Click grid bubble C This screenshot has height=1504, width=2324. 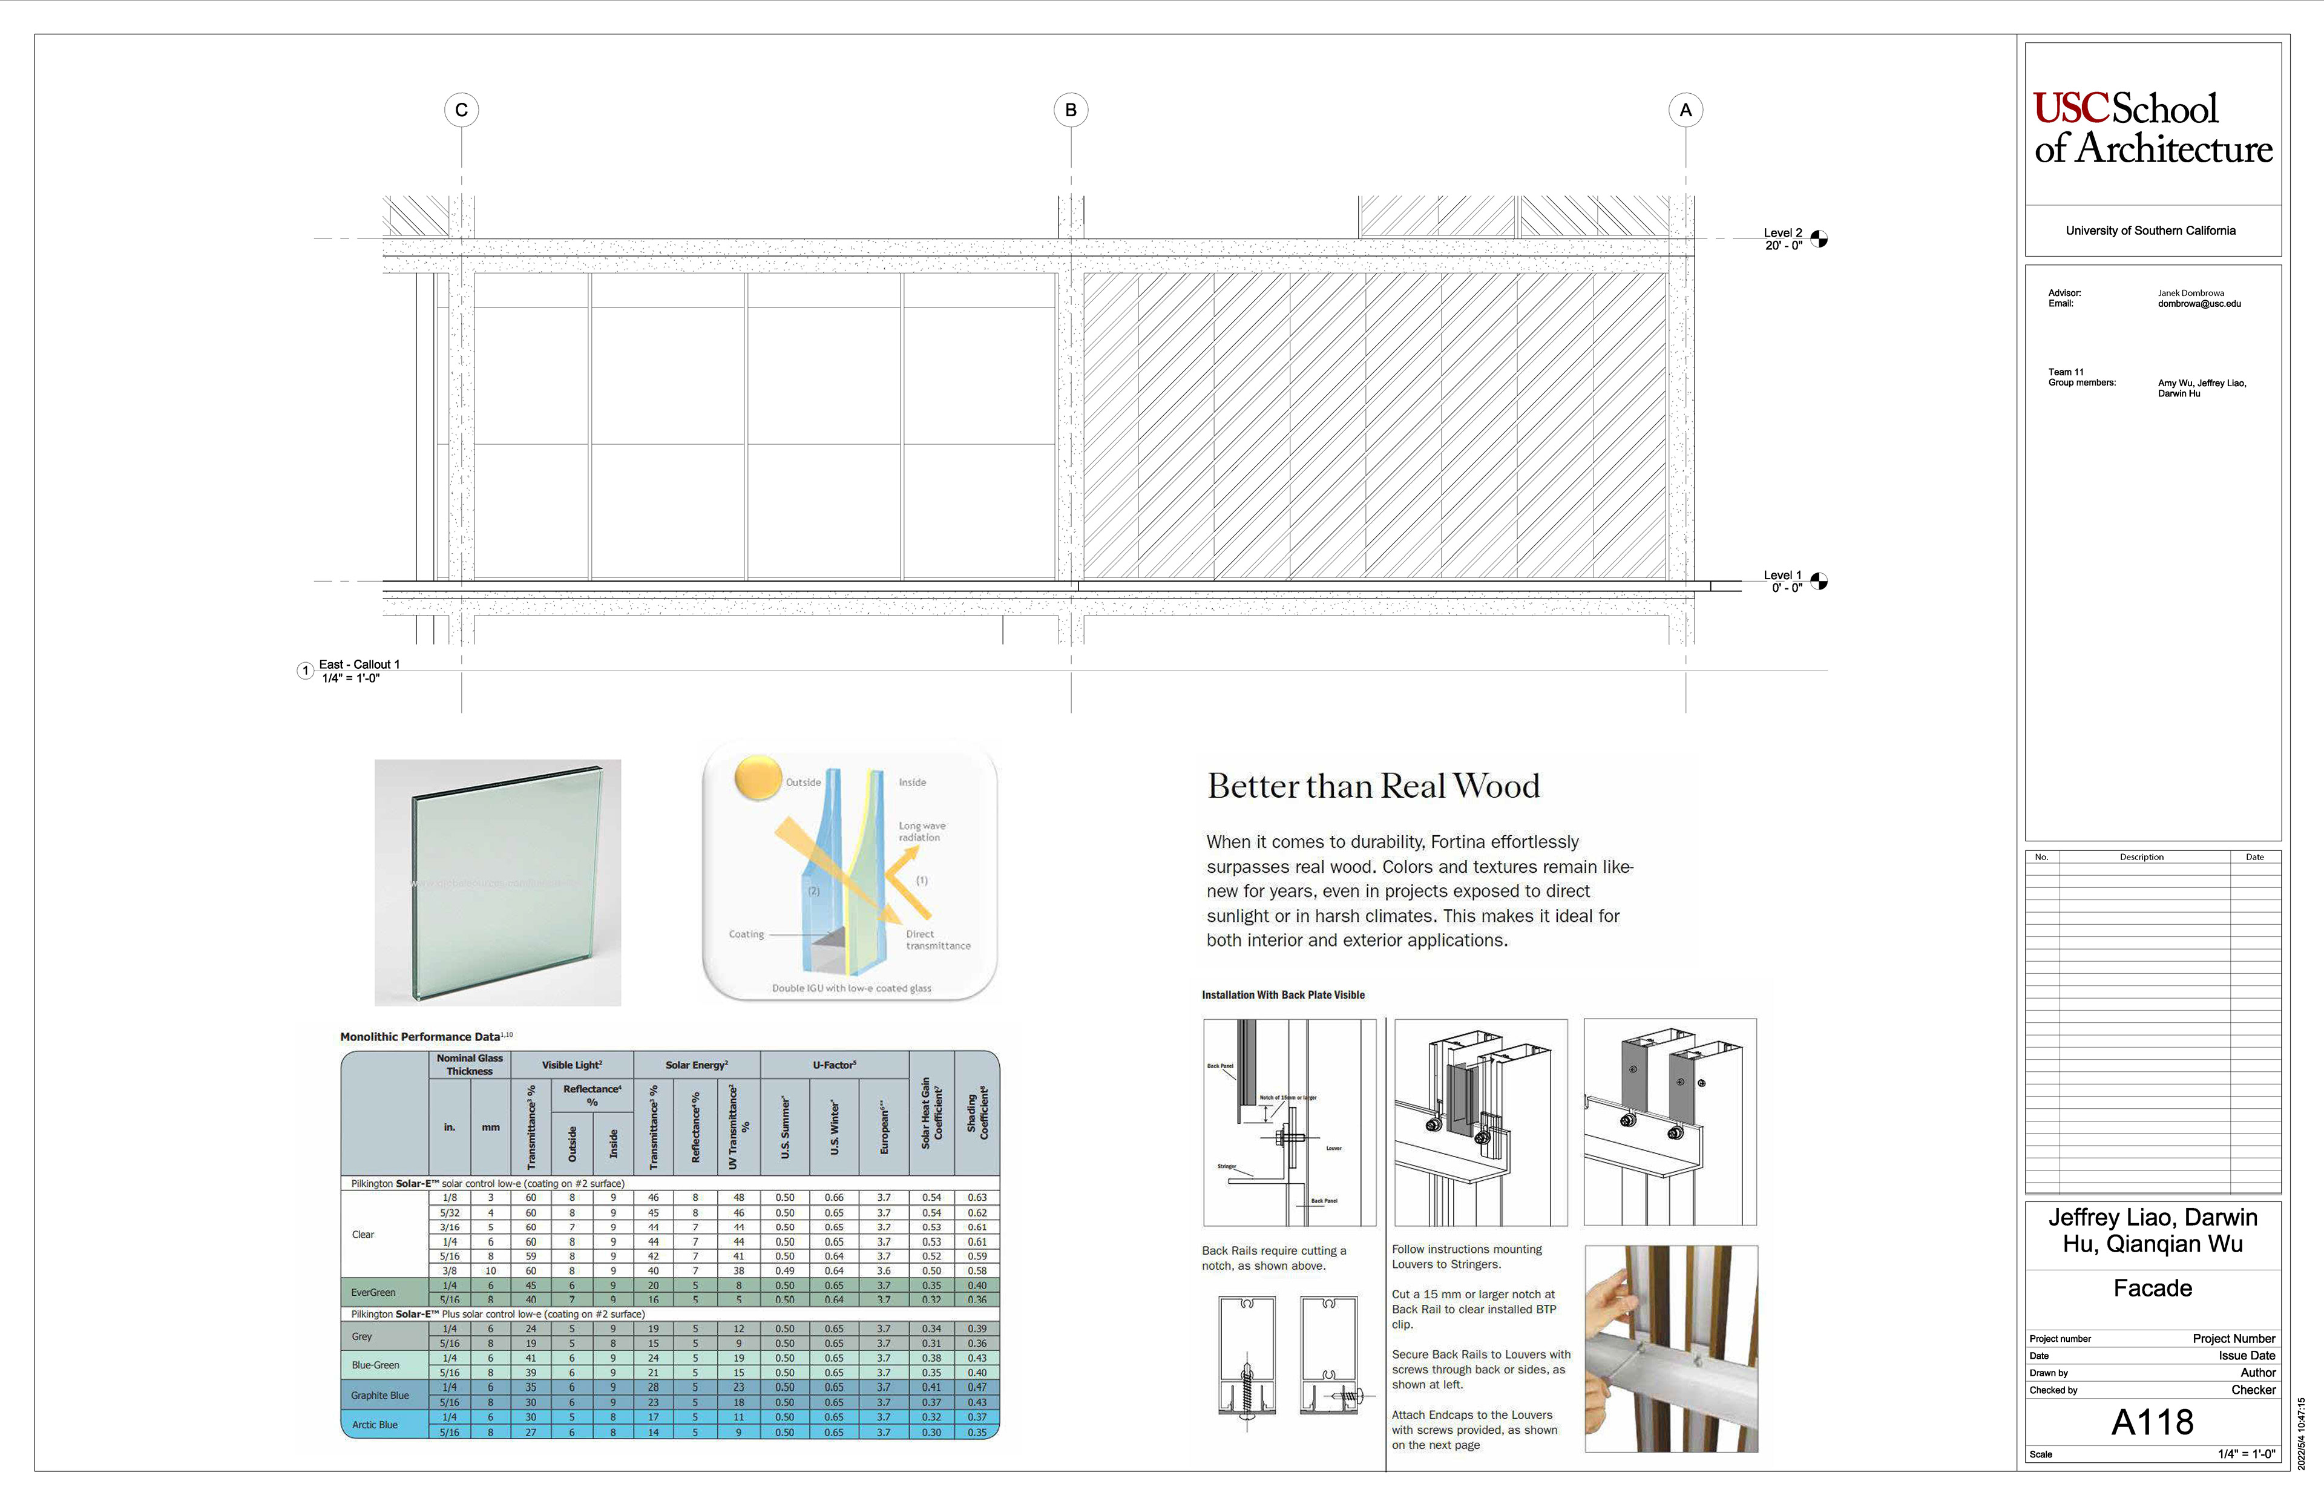[x=461, y=110]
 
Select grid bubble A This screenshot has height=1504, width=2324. [x=1686, y=110]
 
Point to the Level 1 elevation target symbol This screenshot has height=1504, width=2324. [x=1818, y=581]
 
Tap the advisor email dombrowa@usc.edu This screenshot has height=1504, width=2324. [x=2199, y=304]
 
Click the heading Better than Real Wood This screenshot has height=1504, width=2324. [x=1373, y=786]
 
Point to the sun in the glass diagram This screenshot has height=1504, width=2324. [x=758, y=777]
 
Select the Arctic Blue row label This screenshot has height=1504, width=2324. [x=375, y=1425]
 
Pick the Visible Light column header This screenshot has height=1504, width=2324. [x=572, y=1065]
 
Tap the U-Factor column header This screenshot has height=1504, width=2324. [x=834, y=1065]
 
